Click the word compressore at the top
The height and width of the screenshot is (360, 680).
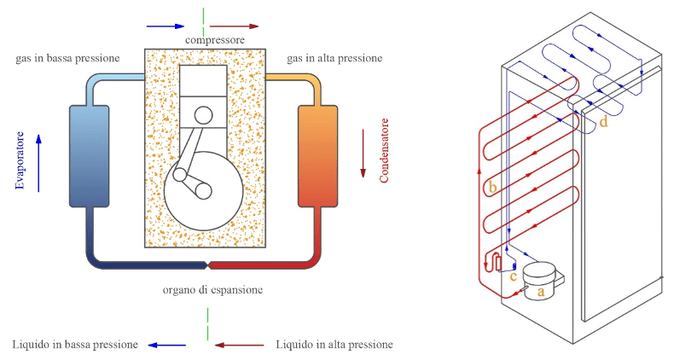[215, 40]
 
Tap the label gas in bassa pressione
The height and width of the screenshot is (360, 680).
[67, 58]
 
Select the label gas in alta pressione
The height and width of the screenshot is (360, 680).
[334, 58]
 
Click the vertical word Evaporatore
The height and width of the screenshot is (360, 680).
[20, 160]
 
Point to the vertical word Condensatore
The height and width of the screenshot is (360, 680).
[384, 150]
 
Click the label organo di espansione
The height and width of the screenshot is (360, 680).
[212, 290]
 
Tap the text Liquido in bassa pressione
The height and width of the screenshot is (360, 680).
[75, 345]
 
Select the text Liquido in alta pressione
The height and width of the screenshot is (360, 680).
[334, 345]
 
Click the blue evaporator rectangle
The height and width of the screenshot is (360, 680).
[89, 156]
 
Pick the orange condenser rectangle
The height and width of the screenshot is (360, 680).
[317, 156]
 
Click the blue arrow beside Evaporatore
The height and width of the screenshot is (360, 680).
[38, 163]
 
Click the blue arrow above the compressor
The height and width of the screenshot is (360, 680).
[166, 26]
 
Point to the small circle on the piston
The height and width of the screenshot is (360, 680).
[203, 116]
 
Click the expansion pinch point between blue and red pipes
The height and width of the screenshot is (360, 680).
[207, 264]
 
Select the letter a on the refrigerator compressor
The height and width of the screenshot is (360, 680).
[540, 292]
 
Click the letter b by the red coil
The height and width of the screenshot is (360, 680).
[492, 187]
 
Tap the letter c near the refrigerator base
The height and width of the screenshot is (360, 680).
[513, 276]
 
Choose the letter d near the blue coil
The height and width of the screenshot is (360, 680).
[603, 121]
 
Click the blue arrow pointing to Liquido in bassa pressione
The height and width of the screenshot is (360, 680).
[166, 345]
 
